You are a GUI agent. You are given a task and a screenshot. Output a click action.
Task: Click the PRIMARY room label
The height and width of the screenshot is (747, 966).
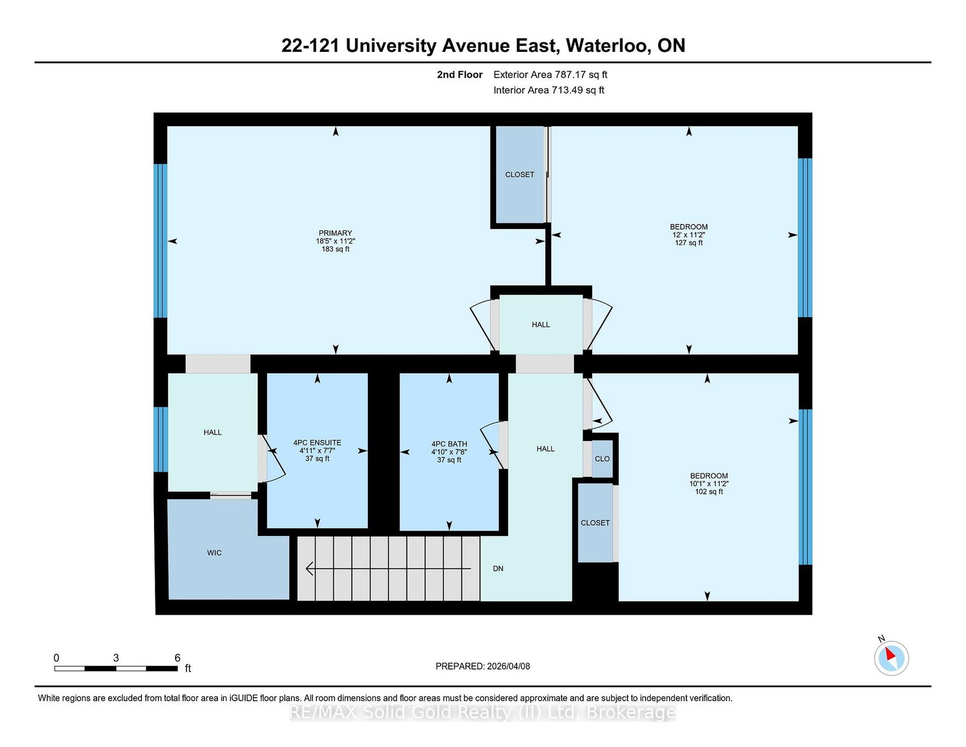(x=335, y=233)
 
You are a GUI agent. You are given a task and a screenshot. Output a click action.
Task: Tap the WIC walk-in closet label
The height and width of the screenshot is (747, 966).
(x=214, y=553)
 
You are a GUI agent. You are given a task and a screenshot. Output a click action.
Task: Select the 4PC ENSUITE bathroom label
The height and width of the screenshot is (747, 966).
(x=317, y=443)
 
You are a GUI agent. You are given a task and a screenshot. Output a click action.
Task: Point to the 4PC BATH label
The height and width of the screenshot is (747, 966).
(x=449, y=444)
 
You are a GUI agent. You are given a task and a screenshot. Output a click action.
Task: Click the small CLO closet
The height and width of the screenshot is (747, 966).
(x=602, y=459)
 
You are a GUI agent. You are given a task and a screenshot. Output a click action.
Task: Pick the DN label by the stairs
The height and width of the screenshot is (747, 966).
(x=498, y=568)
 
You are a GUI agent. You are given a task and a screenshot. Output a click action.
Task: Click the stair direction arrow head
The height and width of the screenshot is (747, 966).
(x=310, y=568)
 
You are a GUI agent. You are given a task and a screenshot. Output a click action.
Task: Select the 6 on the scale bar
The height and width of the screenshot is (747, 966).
(x=178, y=658)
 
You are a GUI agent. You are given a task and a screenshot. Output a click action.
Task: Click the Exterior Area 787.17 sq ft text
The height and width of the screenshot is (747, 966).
(x=550, y=75)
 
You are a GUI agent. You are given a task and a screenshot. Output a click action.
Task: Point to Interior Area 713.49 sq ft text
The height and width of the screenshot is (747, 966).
(x=549, y=90)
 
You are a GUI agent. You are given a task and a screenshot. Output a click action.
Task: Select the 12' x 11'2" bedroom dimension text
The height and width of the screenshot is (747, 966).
(x=689, y=235)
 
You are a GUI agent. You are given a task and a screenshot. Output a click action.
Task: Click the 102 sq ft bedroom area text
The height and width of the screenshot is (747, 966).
(x=709, y=492)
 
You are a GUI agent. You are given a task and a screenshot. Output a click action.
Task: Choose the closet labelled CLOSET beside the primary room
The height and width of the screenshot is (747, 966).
(x=520, y=175)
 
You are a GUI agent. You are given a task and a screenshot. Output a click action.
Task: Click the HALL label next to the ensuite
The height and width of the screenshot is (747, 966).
(x=213, y=432)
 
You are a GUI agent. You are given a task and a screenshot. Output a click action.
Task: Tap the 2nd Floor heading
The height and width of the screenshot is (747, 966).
(x=459, y=75)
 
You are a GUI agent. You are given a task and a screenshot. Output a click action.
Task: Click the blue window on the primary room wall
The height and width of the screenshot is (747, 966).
(x=160, y=240)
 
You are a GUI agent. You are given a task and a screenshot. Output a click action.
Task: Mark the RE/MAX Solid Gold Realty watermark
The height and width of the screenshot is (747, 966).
(x=483, y=713)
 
